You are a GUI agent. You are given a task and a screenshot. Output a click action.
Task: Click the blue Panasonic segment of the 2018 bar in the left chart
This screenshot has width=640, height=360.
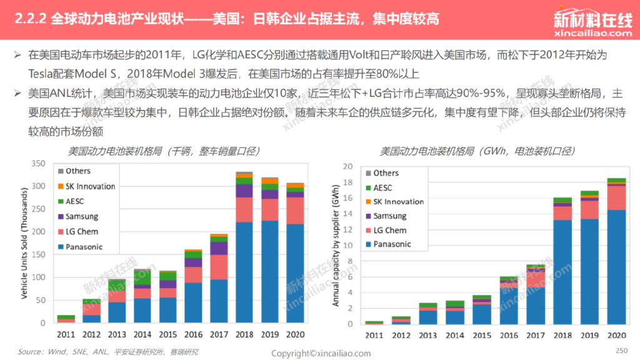pyautogui.click(x=244, y=272)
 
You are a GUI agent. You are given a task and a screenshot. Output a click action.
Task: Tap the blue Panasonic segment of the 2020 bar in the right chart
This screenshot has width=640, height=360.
pyautogui.click(x=616, y=266)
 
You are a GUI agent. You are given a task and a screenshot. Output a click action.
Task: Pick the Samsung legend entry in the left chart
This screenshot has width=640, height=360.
pyautogui.click(x=81, y=216)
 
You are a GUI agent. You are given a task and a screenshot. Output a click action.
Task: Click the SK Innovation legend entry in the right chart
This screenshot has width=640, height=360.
pyautogui.click(x=398, y=202)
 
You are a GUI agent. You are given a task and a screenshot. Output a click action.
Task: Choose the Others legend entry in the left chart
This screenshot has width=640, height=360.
pyautogui.click(x=77, y=171)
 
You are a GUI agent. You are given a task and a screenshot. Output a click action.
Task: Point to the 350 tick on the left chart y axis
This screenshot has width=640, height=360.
pyautogui.click(x=39, y=164)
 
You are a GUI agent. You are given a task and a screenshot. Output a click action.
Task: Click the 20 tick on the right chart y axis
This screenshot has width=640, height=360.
pyautogui.click(x=349, y=167)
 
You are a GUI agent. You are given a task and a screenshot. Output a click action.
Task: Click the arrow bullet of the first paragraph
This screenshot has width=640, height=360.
pyautogui.click(x=18, y=54)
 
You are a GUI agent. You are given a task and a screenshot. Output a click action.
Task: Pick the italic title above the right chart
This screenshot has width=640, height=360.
pyautogui.click(x=477, y=151)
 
